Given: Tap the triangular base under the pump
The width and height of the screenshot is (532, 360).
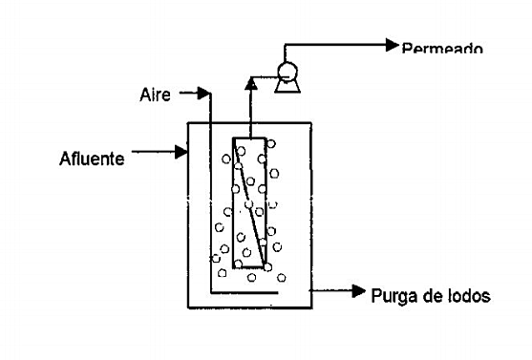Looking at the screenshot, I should pyautogui.click(x=285, y=85).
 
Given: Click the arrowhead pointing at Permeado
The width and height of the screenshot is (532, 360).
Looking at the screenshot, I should pyautogui.click(x=391, y=44).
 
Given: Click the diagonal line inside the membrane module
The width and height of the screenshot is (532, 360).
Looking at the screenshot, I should pyautogui.click(x=249, y=202).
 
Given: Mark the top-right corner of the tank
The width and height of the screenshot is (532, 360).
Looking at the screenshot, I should pyautogui.click(x=311, y=121).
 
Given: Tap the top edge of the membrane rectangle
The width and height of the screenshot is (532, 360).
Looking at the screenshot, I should pyautogui.click(x=249, y=138).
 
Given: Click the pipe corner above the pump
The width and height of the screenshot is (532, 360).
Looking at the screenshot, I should pyautogui.click(x=286, y=44).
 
